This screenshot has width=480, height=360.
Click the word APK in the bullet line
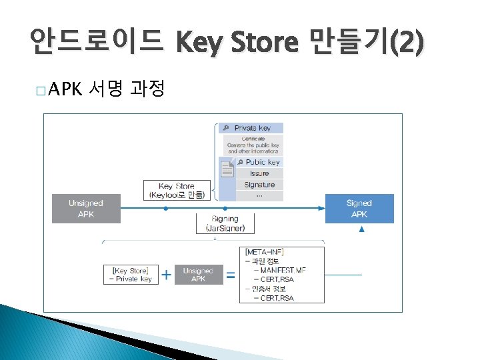(x=64, y=88)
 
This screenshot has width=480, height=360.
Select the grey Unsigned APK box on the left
(x=86, y=209)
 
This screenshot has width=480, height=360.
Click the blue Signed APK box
(x=359, y=209)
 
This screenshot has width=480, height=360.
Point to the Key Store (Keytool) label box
(x=177, y=191)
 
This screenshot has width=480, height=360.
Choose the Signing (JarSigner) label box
(x=225, y=223)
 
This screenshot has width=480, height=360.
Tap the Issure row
(x=259, y=173)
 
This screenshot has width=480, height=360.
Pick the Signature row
(x=259, y=185)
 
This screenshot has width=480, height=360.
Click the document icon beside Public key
(x=227, y=169)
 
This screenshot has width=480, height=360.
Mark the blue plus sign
(x=166, y=274)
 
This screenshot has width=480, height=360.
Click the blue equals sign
(x=231, y=274)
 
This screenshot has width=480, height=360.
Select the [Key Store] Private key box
(x=131, y=275)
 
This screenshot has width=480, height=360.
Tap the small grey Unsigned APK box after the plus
(x=198, y=275)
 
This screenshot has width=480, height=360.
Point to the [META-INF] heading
(x=265, y=251)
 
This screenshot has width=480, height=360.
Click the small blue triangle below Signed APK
(x=362, y=229)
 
